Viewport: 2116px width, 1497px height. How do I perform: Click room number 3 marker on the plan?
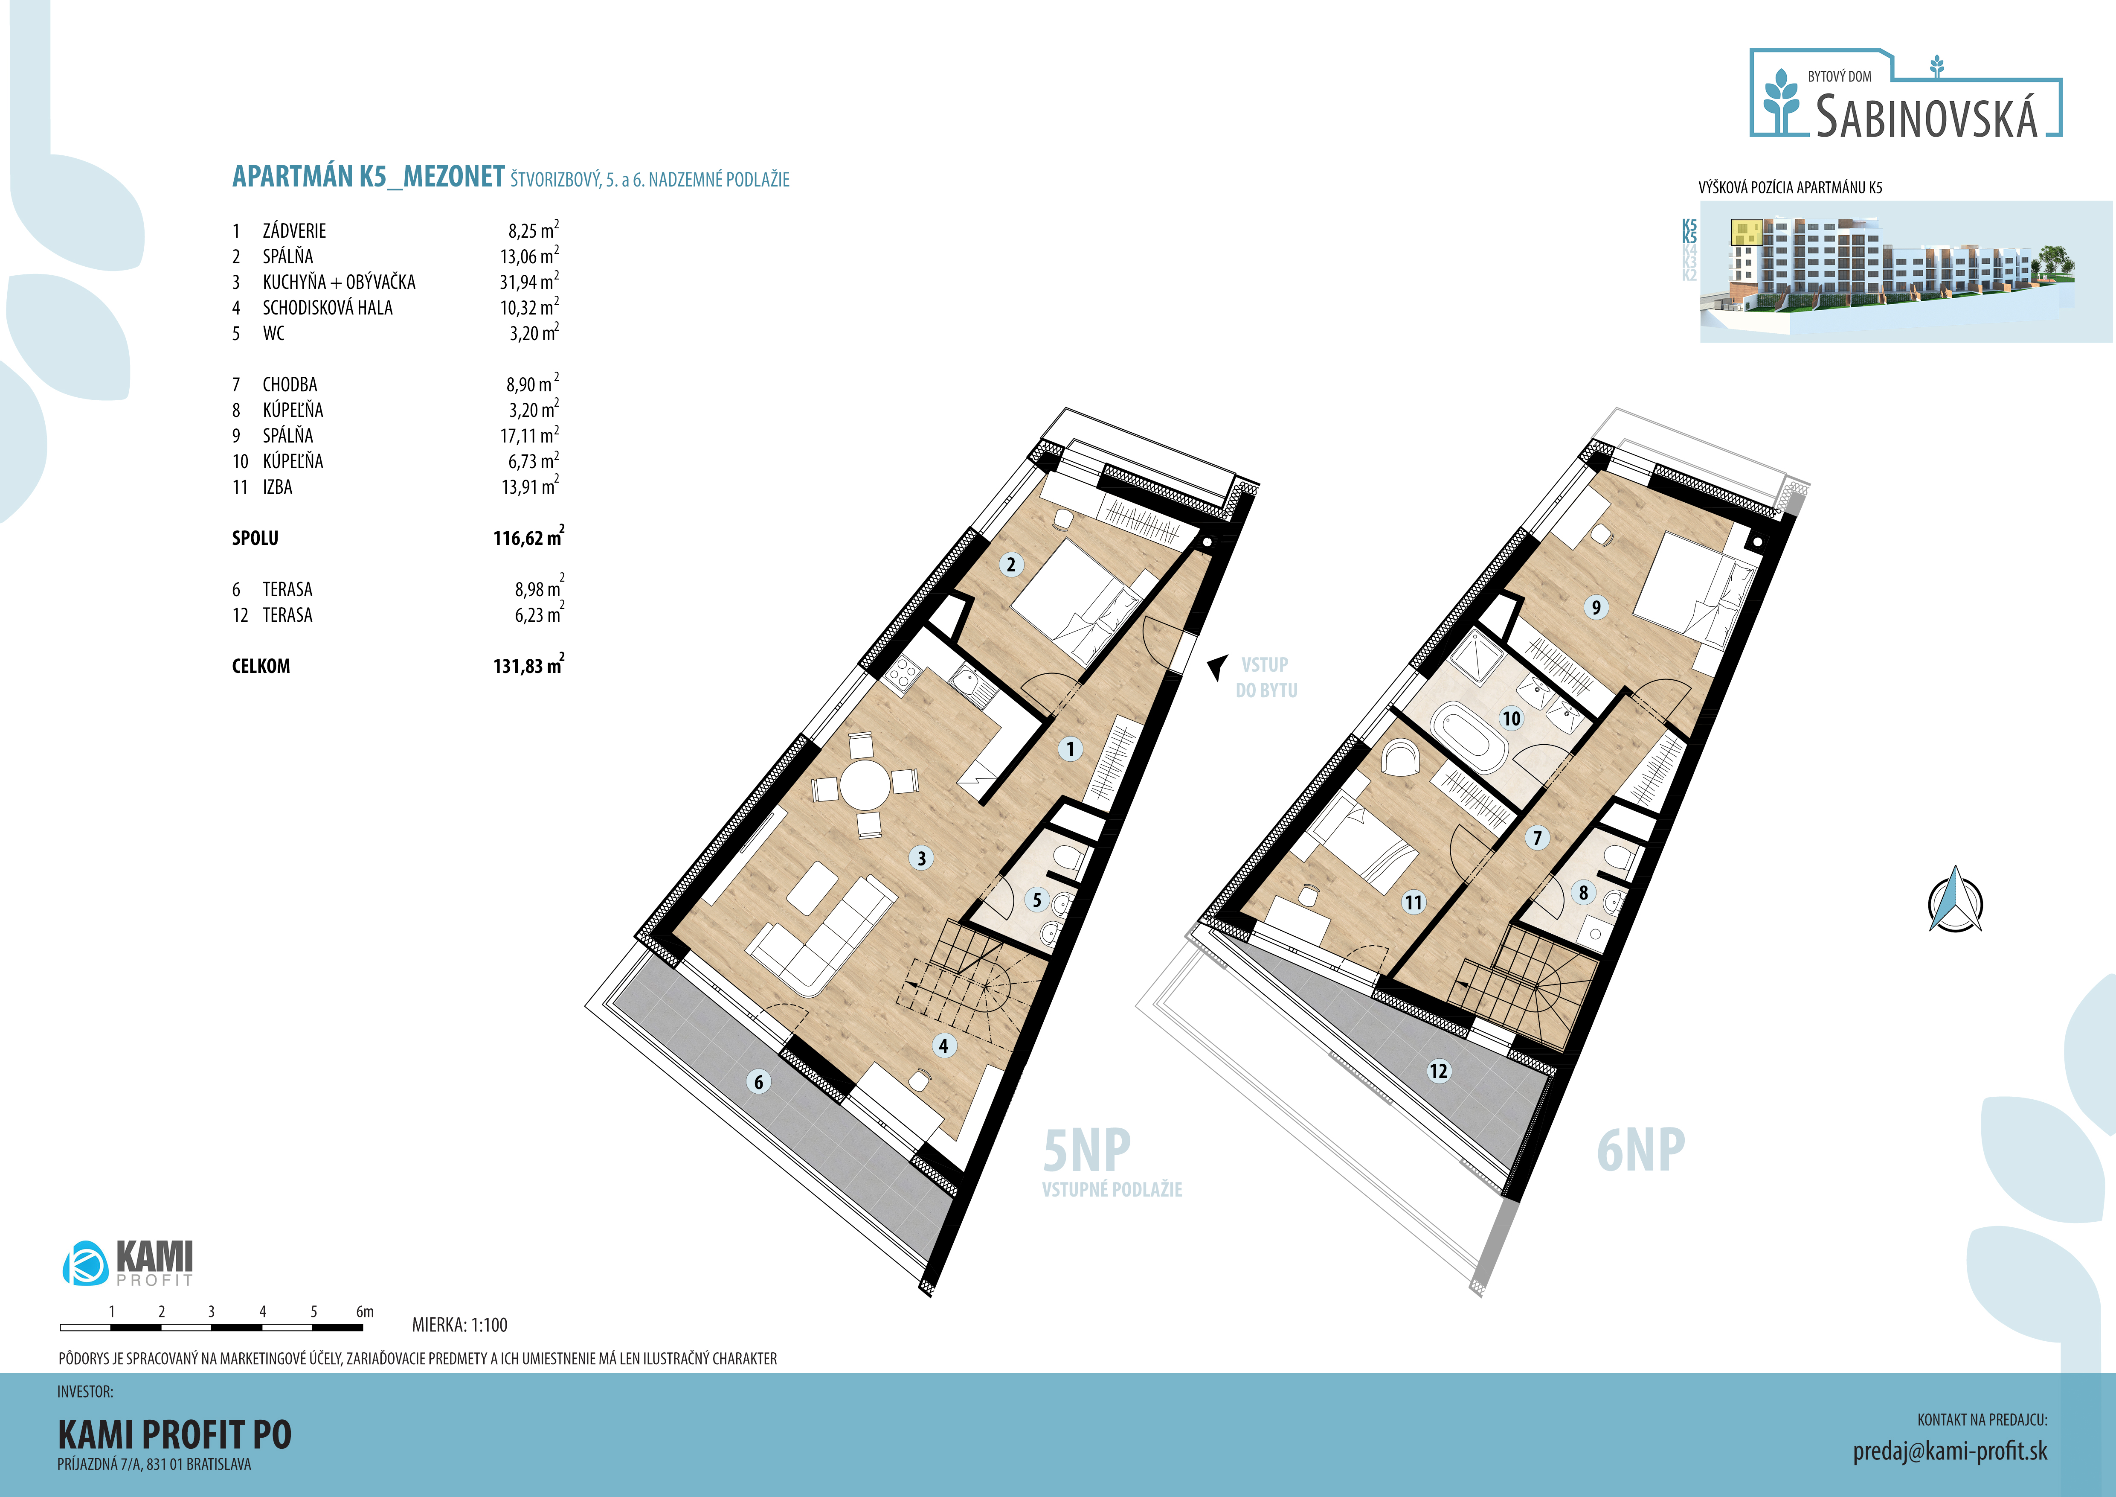(921, 858)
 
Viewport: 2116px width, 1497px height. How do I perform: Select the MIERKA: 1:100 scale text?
(460, 1325)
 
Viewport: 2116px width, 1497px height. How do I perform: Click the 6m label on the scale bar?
(365, 1311)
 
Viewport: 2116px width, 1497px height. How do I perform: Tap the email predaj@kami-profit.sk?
(1950, 1451)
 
